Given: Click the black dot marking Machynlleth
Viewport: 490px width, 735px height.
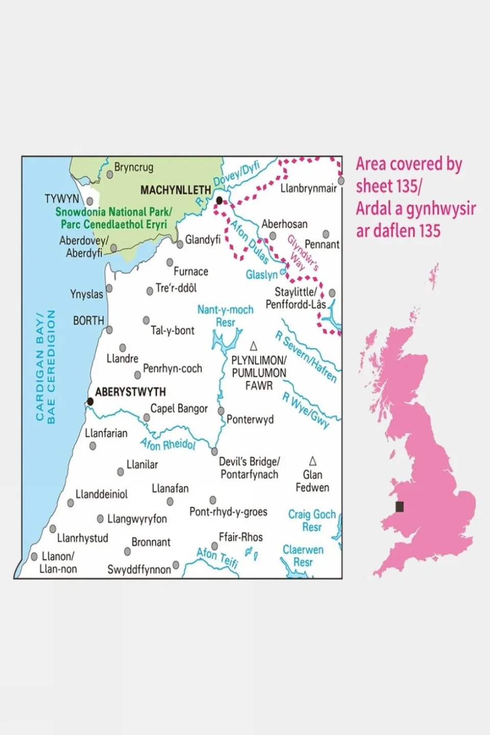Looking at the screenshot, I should (219, 201).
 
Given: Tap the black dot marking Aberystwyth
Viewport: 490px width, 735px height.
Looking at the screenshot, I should (90, 401).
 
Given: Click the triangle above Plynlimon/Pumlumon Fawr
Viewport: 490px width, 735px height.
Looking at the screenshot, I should (253, 346).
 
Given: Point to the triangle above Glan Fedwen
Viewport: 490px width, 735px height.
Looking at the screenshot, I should (313, 461).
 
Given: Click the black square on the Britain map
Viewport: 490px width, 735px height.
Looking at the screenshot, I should (400, 506).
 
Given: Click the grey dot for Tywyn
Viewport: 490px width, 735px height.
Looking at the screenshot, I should (90, 201).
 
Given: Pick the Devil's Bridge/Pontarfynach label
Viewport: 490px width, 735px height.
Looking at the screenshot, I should (249, 468).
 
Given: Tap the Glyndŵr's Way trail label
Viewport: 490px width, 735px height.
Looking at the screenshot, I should (302, 253).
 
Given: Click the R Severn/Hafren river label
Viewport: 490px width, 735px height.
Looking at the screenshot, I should (306, 357).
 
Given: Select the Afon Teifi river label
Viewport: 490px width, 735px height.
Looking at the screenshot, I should (218, 558).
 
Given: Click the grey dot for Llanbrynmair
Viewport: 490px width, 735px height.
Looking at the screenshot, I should (341, 181).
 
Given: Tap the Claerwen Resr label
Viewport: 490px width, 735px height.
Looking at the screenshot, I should (303, 556).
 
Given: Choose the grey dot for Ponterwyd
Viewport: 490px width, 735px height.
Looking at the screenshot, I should (221, 411).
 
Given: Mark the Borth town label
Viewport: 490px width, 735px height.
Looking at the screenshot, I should (88, 321).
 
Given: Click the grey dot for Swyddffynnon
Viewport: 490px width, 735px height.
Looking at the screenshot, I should (176, 565).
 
